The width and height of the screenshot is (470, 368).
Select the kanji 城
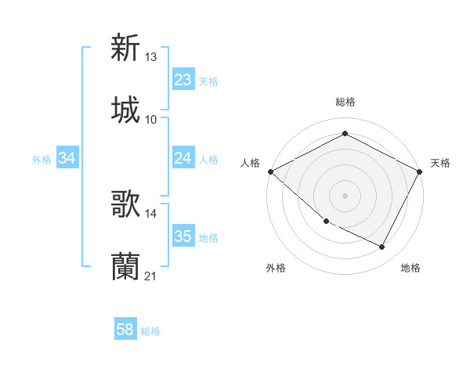point(125,110)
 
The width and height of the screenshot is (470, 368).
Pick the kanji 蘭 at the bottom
point(125,267)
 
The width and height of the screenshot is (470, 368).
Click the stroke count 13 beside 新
point(151,57)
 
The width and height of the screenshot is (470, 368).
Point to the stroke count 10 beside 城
point(151,120)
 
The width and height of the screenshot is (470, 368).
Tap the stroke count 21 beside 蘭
point(151,276)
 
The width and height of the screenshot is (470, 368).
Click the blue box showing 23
point(183,80)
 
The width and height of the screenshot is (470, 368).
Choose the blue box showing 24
point(183,158)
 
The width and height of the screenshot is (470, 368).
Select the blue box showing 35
point(183,236)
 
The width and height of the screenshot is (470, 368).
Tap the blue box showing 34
point(67,158)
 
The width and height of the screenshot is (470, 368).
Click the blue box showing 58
point(125,330)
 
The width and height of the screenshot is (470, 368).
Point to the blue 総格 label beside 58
point(150,331)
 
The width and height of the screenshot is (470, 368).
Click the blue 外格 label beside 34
point(42,159)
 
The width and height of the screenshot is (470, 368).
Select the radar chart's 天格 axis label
point(440,163)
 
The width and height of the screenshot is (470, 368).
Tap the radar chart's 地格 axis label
point(410,268)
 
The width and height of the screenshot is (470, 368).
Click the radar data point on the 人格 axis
point(270,171)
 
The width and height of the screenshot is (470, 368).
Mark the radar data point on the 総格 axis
point(345,134)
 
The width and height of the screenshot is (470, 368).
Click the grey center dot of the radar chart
point(345,195)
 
